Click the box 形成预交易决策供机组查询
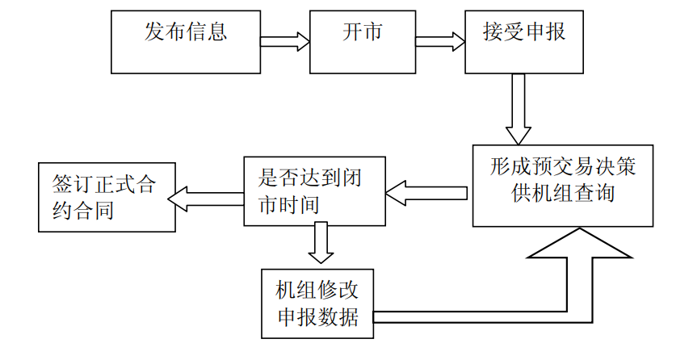pos(563,186)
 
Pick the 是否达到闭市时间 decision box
pos(314,191)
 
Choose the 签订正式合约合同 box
pos(106,198)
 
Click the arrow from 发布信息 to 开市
pos(284,40)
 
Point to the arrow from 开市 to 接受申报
pos(439,40)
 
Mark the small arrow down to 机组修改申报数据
pos(321,243)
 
